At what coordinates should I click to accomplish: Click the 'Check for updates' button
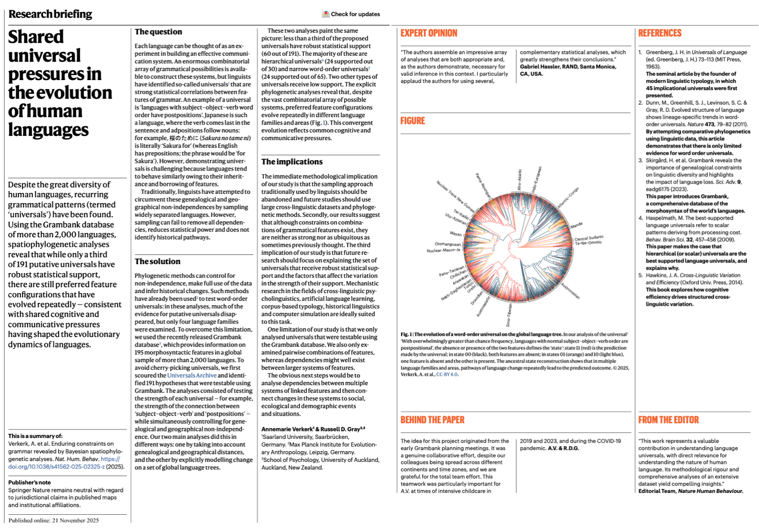[x=351, y=14]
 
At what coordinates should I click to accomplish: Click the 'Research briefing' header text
[x=50, y=14]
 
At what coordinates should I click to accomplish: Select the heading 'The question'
[x=158, y=32]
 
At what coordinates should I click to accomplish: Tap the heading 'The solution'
[x=157, y=261]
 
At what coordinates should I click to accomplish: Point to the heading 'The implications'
[x=292, y=162]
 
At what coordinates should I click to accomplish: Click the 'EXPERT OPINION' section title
[x=429, y=33]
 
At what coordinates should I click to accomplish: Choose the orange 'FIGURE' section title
[x=412, y=121]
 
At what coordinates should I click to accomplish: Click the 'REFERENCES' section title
[x=660, y=33]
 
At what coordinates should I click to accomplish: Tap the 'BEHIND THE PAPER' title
[x=432, y=420]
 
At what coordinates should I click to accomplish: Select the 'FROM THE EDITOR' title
[x=668, y=420]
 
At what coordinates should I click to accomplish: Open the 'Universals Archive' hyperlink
[x=192, y=375]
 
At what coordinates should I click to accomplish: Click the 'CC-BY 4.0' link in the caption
[x=447, y=374]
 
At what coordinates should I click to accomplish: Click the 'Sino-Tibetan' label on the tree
[x=509, y=315]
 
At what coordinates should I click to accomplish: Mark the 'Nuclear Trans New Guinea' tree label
[x=455, y=196]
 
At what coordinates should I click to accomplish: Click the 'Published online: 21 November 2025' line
[x=53, y=520]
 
